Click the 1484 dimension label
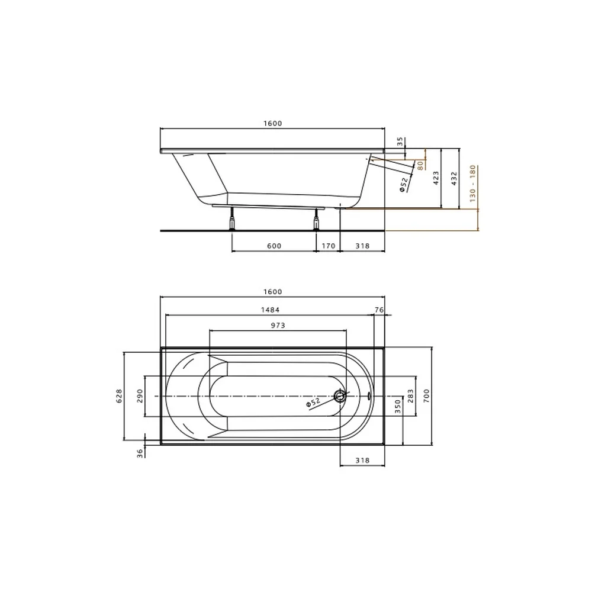pyautogui.click(x=271, y=310)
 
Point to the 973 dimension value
pyautogui.click(x=278, y=326)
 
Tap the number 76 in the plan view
pyautogui.click(x=379, y=310)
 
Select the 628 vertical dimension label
pyautogui.click(x=119, y=396)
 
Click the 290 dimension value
pyautogui.click(x=140, y=396)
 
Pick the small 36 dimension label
pyautogui.click(x=140, y=453)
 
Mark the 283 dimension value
pyautogui.click(x=410, y=396)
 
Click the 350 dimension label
pyautogui.click(x=398, y=407)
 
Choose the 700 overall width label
pyautogui.click(x=426, y=396)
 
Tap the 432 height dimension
pyautogui.click(x=454, y=178)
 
